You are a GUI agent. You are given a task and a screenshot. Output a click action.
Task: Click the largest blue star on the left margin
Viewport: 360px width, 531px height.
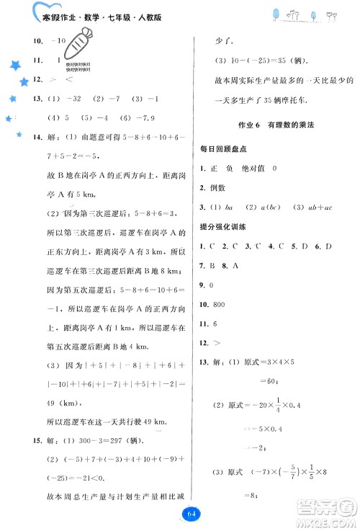tap(12, 66)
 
